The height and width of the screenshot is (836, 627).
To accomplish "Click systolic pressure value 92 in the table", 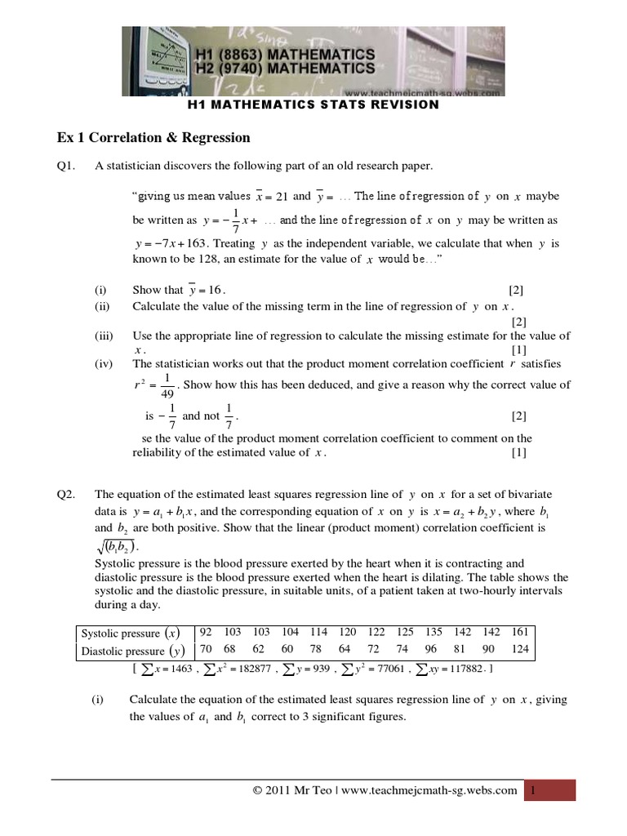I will pyautogui.click(x=206, y=633).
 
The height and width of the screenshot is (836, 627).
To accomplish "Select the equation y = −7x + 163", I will pyautogui.click(x=172, y=243).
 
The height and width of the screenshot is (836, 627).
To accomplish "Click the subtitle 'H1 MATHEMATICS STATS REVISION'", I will pyautogui.click(x=313, y=104).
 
